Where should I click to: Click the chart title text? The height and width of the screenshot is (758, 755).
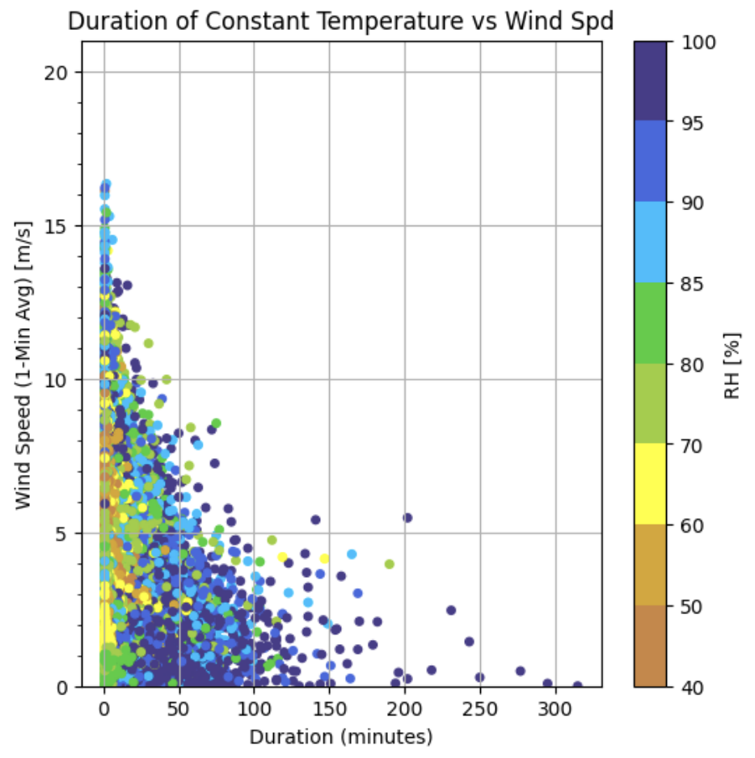pyautogui.click(x=340, y=21)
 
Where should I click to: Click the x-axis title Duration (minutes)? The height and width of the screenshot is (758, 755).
pyautogui.click(x=340, y=737)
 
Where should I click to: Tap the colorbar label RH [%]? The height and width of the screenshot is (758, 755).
pyautogui.click(x=732, y=364)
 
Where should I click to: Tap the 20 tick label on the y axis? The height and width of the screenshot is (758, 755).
pyautogui.click(x=65, y=73)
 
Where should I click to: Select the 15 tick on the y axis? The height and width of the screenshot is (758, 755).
pyautogui.click(x=65, y=226)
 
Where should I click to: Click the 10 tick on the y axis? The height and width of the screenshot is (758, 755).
pyautogui.click(x=65, y=380)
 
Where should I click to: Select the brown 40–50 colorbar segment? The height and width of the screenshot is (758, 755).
pyautogui.click(x=649, y=646)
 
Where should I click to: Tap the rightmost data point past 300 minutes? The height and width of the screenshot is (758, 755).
pyautogui.click(x=577, y=685)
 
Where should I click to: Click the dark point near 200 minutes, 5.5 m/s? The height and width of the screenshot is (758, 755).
pyautogui.click(x=407, y=518)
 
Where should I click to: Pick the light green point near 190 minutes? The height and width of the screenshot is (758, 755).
pyautogui.click(x=390, y=564)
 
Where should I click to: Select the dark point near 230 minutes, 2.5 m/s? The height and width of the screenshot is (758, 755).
pyautogui.click(x=451, y=610)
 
